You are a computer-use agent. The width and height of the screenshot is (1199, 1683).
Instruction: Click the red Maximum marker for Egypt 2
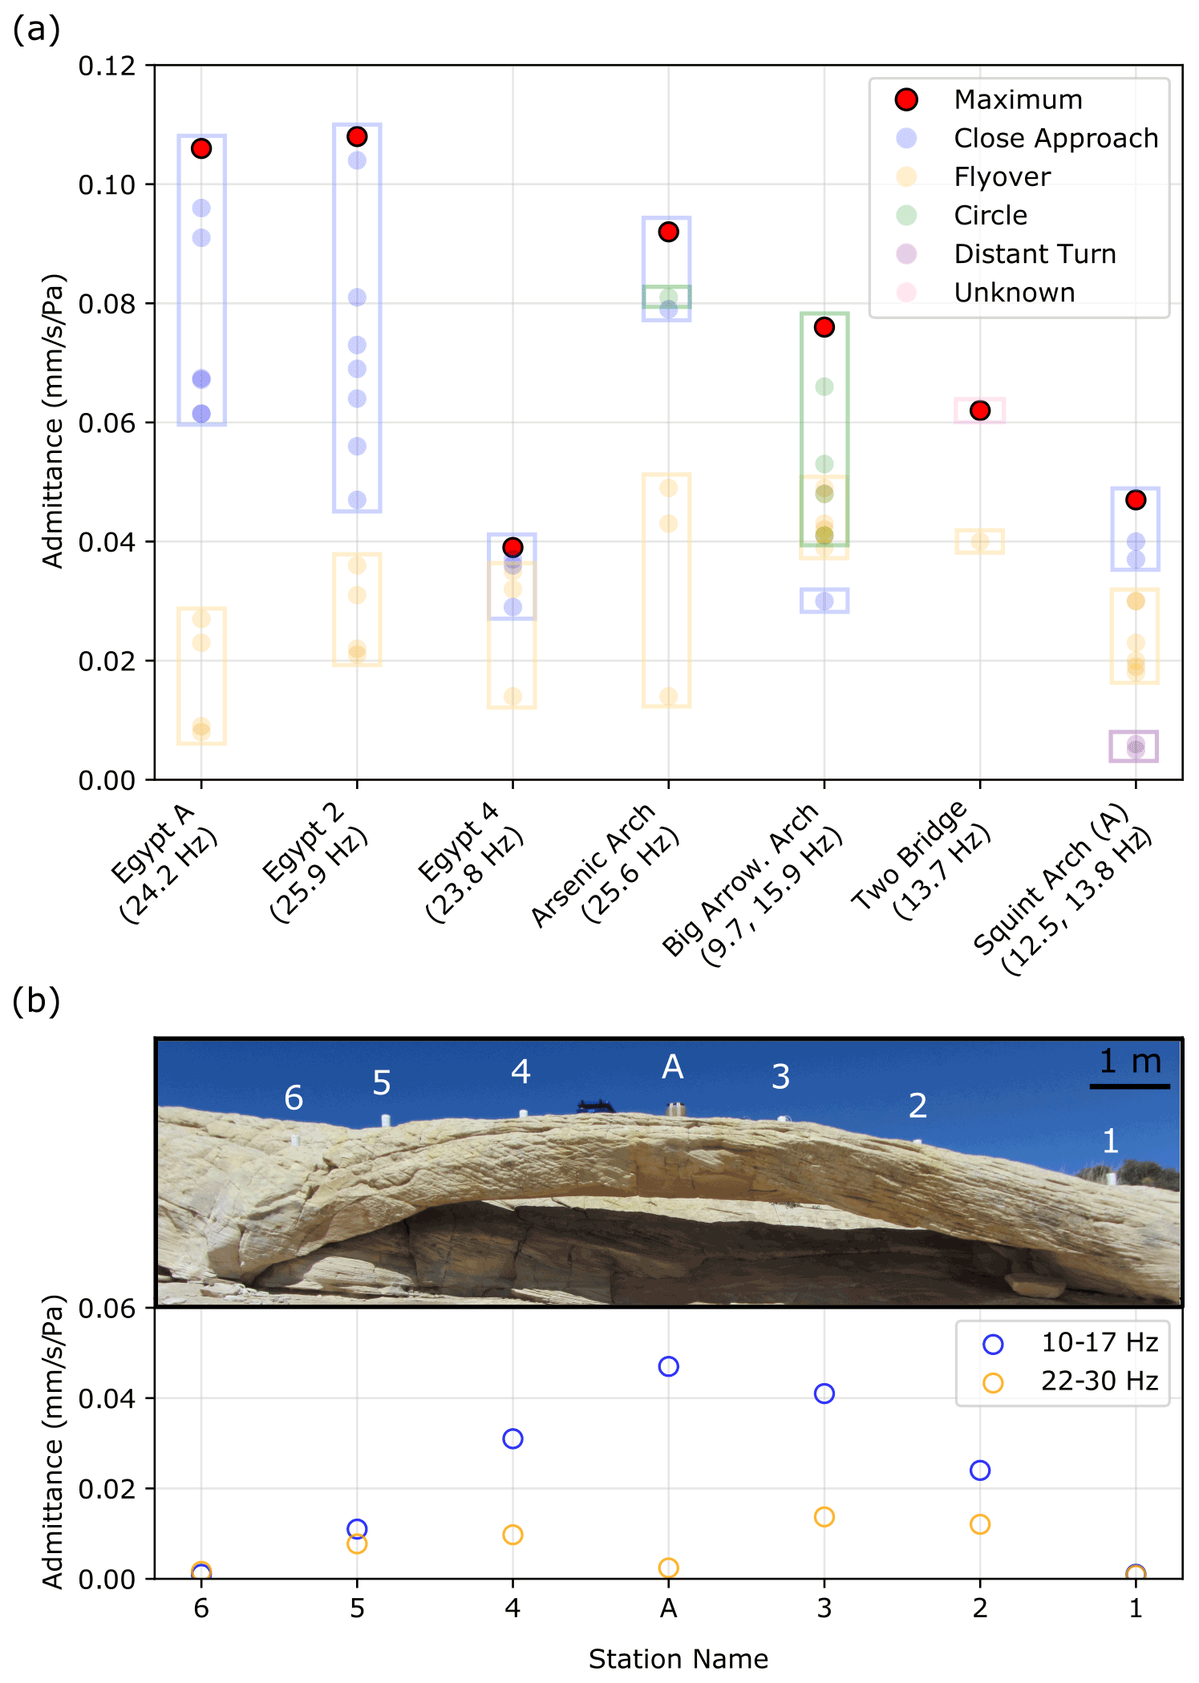pos(357,136)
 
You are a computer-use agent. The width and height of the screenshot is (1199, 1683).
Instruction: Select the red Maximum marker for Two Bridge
pos(979,411)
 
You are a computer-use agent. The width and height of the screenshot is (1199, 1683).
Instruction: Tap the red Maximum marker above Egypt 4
pos(512,547)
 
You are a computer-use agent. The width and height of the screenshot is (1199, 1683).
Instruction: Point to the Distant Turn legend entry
pos(1035,254)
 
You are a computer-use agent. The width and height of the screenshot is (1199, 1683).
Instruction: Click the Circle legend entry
pos(990,216)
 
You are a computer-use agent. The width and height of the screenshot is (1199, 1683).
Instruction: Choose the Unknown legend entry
pos(1014,293)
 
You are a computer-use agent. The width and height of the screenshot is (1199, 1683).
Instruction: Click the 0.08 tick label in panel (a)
pos(107,304)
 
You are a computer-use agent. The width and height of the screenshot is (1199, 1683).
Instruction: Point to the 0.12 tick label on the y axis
pos(107,66)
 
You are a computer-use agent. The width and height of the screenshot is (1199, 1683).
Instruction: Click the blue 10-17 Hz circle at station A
pos(668,1366)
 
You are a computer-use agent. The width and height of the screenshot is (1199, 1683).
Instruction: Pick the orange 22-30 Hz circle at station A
pos(668,1568)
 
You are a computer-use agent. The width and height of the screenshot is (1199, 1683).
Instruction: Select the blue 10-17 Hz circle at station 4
pos(512,1438)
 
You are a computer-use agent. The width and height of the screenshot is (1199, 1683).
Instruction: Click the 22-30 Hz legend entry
pos(1099,1381)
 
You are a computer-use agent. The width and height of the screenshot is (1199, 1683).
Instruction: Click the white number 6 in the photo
pos(294,1098)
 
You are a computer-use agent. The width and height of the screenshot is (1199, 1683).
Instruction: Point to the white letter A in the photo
pos(672,1067)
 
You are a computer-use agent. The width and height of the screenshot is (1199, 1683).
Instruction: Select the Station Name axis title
pos(678,1658)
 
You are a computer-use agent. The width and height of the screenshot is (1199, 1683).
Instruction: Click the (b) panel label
pos(36,1001)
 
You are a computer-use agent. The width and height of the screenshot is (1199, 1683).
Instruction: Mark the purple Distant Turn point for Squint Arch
pos(1136,747)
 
